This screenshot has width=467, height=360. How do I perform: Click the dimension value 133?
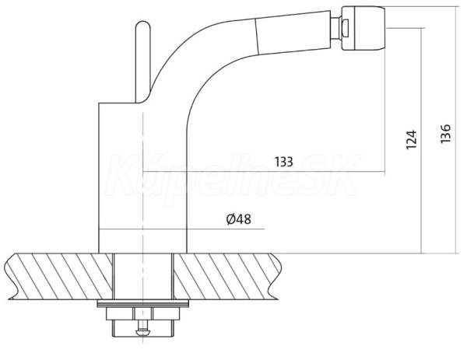pos(284,162)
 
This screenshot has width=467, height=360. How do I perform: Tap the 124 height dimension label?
pos(411,139)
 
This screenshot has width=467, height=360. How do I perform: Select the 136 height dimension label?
pos(445,133)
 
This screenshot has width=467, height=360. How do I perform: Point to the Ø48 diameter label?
pos(239,219)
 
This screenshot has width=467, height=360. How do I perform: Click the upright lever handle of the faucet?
pos(142,60)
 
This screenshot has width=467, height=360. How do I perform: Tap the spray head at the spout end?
pos(363,28)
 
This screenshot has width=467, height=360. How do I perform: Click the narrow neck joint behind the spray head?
pos(336,28)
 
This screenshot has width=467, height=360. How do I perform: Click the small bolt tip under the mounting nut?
pos(142,331)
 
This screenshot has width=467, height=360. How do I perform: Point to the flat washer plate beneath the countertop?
pos(143,303)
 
